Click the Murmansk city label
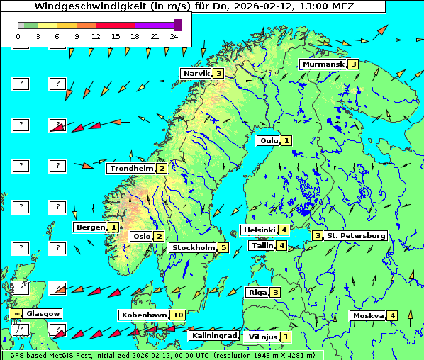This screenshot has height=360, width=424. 323,64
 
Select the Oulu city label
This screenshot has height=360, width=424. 268,140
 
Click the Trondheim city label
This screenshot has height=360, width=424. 131,169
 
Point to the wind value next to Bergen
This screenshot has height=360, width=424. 113,227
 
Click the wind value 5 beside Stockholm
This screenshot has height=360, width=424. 223,248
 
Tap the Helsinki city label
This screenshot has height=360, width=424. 259,230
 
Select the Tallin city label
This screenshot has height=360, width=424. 262,246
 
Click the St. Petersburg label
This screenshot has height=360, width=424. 355,235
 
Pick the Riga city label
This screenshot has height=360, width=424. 257,292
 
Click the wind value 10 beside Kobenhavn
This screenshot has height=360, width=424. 177,315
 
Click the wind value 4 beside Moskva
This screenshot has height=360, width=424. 392,316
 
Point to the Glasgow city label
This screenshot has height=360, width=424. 43,313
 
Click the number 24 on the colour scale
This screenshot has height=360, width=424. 174,35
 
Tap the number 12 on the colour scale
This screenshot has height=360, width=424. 96,35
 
